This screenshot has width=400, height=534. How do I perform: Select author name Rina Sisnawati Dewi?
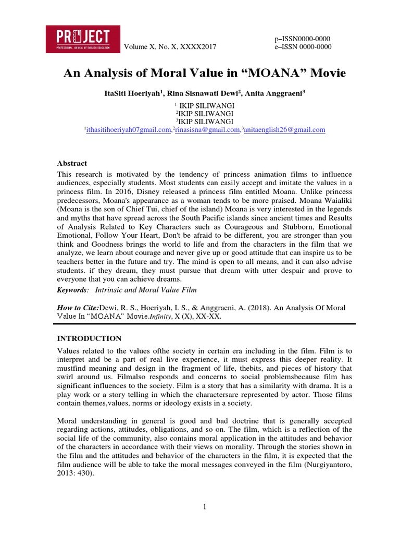coord(204,93)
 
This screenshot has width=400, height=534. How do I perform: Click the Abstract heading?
coord(72,163)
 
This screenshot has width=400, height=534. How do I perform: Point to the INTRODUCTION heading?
coord(89,338)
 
